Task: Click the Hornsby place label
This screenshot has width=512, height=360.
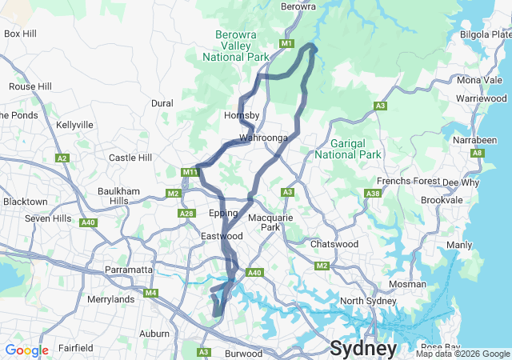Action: pos(242,115)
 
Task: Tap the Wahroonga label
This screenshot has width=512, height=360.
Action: pos(263,138)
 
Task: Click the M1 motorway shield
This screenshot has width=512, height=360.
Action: pos(287,43)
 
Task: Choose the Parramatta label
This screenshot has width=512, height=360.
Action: pos(129,270)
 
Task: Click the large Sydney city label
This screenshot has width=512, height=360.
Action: pos(363,349)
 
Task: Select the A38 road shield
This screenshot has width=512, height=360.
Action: pos(372,193)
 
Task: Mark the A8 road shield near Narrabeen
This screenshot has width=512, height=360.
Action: pos(478,152)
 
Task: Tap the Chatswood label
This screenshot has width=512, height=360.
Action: pos(333,243)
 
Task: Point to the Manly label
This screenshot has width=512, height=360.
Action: pos(459,245)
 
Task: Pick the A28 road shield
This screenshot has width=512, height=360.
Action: pos(186,213)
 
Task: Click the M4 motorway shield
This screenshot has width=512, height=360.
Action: pos(150,293)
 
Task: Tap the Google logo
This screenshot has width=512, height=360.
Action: pos(26,350)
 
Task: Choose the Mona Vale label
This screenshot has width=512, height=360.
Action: pos(480,80)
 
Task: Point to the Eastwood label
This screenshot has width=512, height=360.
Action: pos(222,237)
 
